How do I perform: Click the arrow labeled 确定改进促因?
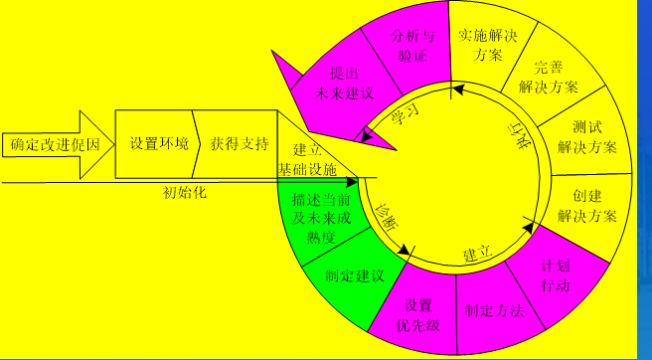pos(57,145)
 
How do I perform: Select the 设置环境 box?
pos(158,143)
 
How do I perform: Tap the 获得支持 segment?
pos(239,143)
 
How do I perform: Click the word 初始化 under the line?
pos(184,192)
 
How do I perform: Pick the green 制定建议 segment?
pos(354,275)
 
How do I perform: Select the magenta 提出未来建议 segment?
pos(345,84)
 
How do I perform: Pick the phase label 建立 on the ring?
pos(478,257)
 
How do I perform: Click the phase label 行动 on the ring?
pos(519,139)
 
